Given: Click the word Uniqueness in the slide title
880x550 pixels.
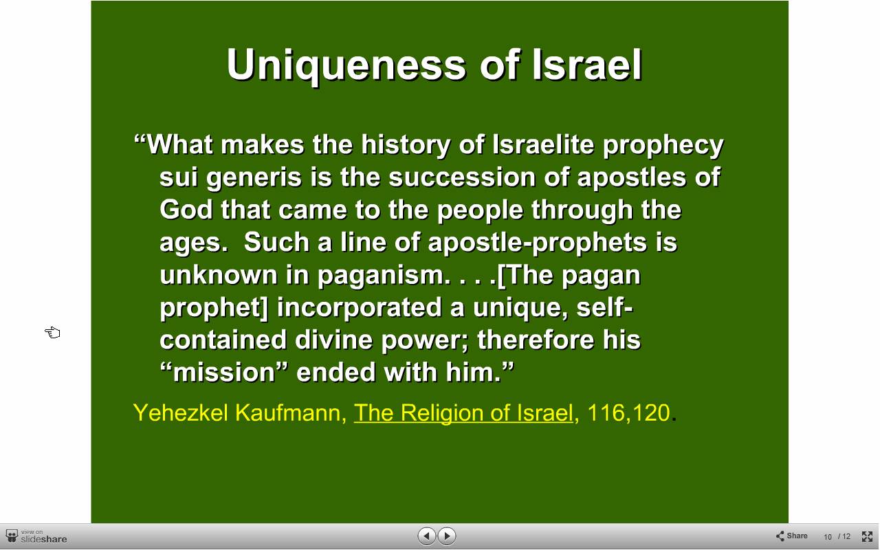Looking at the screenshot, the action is tap(346, 65).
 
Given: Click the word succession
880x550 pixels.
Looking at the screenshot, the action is tap(462, 177).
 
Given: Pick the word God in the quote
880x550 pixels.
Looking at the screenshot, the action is tap(186, 210).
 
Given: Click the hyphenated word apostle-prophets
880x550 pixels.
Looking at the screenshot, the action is tap(537, 243).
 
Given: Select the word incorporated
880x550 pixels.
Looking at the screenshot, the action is tap(359, 308).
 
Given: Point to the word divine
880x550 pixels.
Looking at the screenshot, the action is tap(333, 340).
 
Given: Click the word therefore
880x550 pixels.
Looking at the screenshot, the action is tap(536, 340).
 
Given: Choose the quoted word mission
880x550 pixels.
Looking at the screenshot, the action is tap(224, 373).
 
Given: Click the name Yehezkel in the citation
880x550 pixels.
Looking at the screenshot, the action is tap(181, 413).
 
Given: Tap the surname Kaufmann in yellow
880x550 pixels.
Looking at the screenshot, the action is tap(291, 413).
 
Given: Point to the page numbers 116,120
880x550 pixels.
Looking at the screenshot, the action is tap(628, 413).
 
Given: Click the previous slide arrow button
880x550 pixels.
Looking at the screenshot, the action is tap(427, 536).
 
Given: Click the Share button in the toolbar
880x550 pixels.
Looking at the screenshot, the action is tap(791, 536).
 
